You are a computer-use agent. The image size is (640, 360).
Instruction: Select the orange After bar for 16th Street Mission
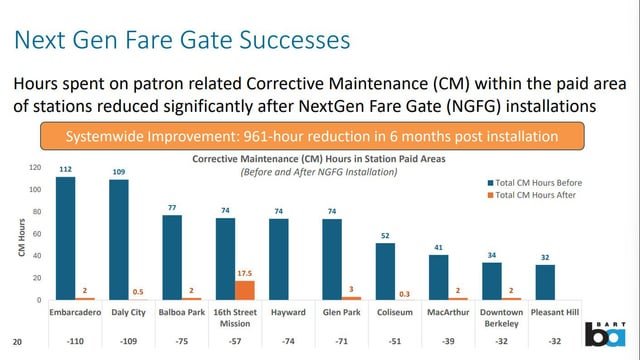coord(244,290)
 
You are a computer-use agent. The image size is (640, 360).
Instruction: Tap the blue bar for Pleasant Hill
coord(545,282)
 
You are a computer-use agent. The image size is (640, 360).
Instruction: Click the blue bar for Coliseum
coord(385,271)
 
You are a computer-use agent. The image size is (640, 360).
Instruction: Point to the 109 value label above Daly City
coord(119,172)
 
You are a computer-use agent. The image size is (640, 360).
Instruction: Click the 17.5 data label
coord(244,272)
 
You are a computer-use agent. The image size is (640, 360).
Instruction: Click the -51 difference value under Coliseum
coord(385,340)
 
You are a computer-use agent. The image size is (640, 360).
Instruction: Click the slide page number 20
coord(17,340)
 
